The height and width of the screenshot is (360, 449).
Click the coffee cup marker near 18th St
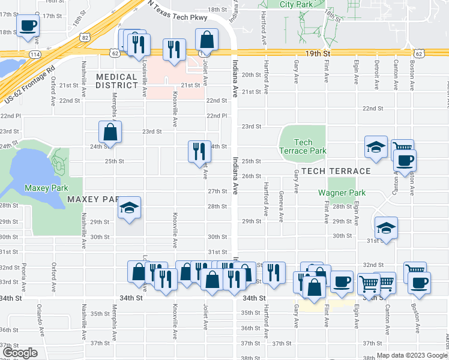click(28, 26)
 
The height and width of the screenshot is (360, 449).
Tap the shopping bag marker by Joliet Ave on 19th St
click(206, 41)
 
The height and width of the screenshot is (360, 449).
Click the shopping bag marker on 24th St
click(110, 131)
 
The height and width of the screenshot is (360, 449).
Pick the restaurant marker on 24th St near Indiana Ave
click(199, 151)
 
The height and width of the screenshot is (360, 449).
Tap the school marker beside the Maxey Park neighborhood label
click(130, 208)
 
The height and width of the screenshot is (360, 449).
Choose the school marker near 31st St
click(386, 227)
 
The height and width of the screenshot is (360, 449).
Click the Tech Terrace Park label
click(304, 146)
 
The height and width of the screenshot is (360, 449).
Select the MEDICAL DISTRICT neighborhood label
click(116, 81)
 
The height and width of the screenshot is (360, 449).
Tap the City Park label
click(296, 4)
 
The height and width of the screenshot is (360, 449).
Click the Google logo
click(19, 353)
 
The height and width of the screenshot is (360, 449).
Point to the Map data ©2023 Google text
click(411, 355)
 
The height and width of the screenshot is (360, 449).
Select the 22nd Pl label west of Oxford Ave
click(10, 115)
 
